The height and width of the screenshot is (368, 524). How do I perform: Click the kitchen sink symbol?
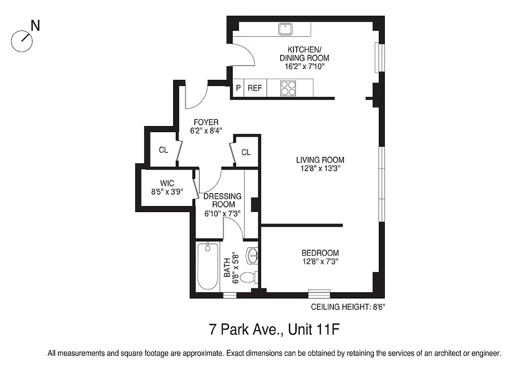point(286,29)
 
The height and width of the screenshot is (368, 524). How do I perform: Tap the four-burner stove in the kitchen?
point(288,87)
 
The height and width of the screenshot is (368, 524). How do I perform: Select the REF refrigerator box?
point(255,88)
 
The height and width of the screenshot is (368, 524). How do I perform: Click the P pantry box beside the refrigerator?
point(238,88)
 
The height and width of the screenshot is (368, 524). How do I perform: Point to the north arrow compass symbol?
point(23,41)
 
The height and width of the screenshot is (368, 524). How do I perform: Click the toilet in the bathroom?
point(248,278)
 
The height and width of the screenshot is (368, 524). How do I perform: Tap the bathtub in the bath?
point(208,267)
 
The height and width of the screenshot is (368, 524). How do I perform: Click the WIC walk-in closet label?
point(167,183)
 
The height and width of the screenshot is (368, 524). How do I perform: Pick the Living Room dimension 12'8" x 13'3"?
point(320,168)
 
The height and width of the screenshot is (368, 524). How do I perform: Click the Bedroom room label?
point(320,253)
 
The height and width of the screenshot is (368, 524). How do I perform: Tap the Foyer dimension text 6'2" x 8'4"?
point(206,131)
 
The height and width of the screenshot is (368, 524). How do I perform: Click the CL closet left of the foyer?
point(163,150)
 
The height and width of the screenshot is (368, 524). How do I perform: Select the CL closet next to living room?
point(246,152)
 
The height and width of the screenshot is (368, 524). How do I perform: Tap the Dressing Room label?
point(223,200)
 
